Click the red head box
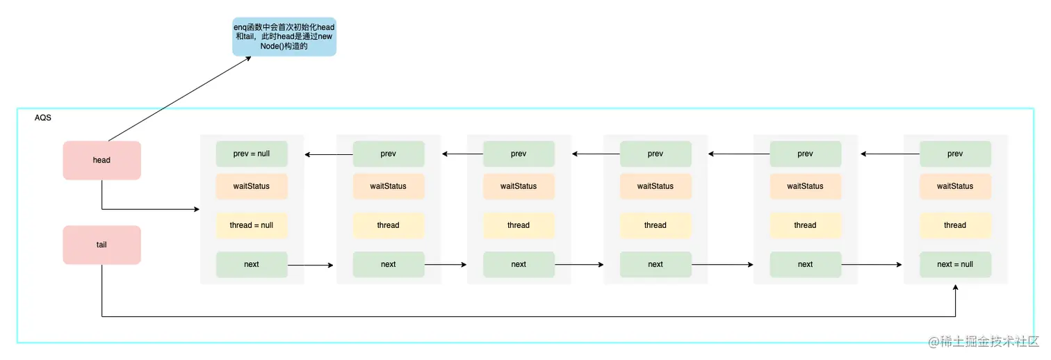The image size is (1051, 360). point(101,161)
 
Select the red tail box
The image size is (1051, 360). point(101,245)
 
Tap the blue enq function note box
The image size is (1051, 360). point(284,37)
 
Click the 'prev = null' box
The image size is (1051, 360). point(252,154)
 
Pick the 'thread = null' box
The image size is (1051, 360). point(252,225)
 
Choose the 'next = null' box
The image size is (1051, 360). point(955,264)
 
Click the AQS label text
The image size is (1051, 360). point(43,118)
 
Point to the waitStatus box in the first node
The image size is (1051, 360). point(252,186)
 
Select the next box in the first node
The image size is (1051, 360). point(252,264)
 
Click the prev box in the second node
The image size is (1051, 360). point(388,154)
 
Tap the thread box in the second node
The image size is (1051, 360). point(388,225)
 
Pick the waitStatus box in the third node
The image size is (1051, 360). point(519,186)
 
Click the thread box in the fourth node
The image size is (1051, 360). point(655,225)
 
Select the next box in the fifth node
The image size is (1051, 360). point(805,264)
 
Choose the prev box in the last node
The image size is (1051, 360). point(955,154)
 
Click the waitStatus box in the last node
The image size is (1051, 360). point(955,186)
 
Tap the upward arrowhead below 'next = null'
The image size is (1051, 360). point(955,287)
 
